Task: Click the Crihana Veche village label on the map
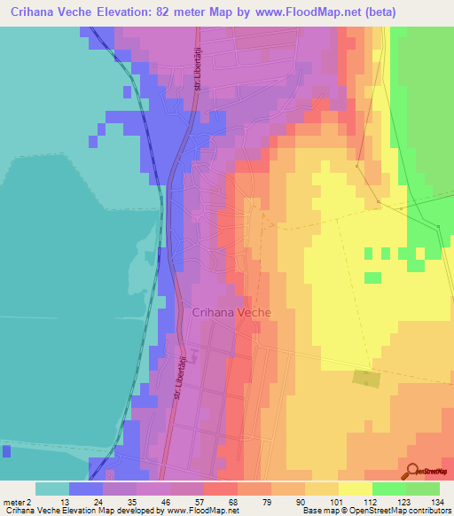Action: pos(231,312)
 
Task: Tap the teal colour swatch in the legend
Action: pos(51,489)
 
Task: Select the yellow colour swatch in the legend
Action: pos(355,489)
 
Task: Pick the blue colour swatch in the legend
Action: pos(85,489)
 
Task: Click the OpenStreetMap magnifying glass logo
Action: pos(411,470)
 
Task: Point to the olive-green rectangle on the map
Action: pos(364,378)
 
